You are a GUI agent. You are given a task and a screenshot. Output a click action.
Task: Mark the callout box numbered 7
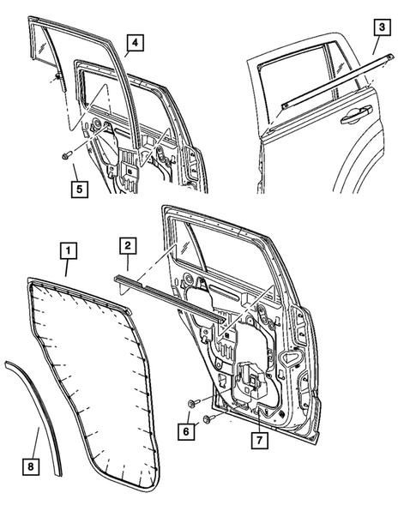pyautogui.click(x=257, y=440)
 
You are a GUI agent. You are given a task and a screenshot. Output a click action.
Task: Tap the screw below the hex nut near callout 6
pyautogui.click(x=208, y=418)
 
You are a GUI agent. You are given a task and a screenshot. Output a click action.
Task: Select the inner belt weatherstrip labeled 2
pyautogui.click(x=163, y=292)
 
